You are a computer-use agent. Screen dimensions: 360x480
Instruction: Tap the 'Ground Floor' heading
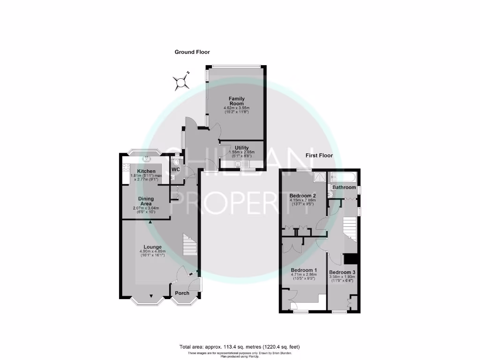192,52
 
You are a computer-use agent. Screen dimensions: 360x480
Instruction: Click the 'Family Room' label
236,101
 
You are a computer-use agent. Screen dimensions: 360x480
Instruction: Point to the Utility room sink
239,164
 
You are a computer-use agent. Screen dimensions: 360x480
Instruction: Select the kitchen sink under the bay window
146,158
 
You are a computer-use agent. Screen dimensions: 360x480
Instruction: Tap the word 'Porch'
182,293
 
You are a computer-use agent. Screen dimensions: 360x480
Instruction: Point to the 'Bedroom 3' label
342,272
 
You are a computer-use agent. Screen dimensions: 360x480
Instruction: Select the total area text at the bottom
240,347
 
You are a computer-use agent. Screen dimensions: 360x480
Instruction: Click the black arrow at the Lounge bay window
151,295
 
